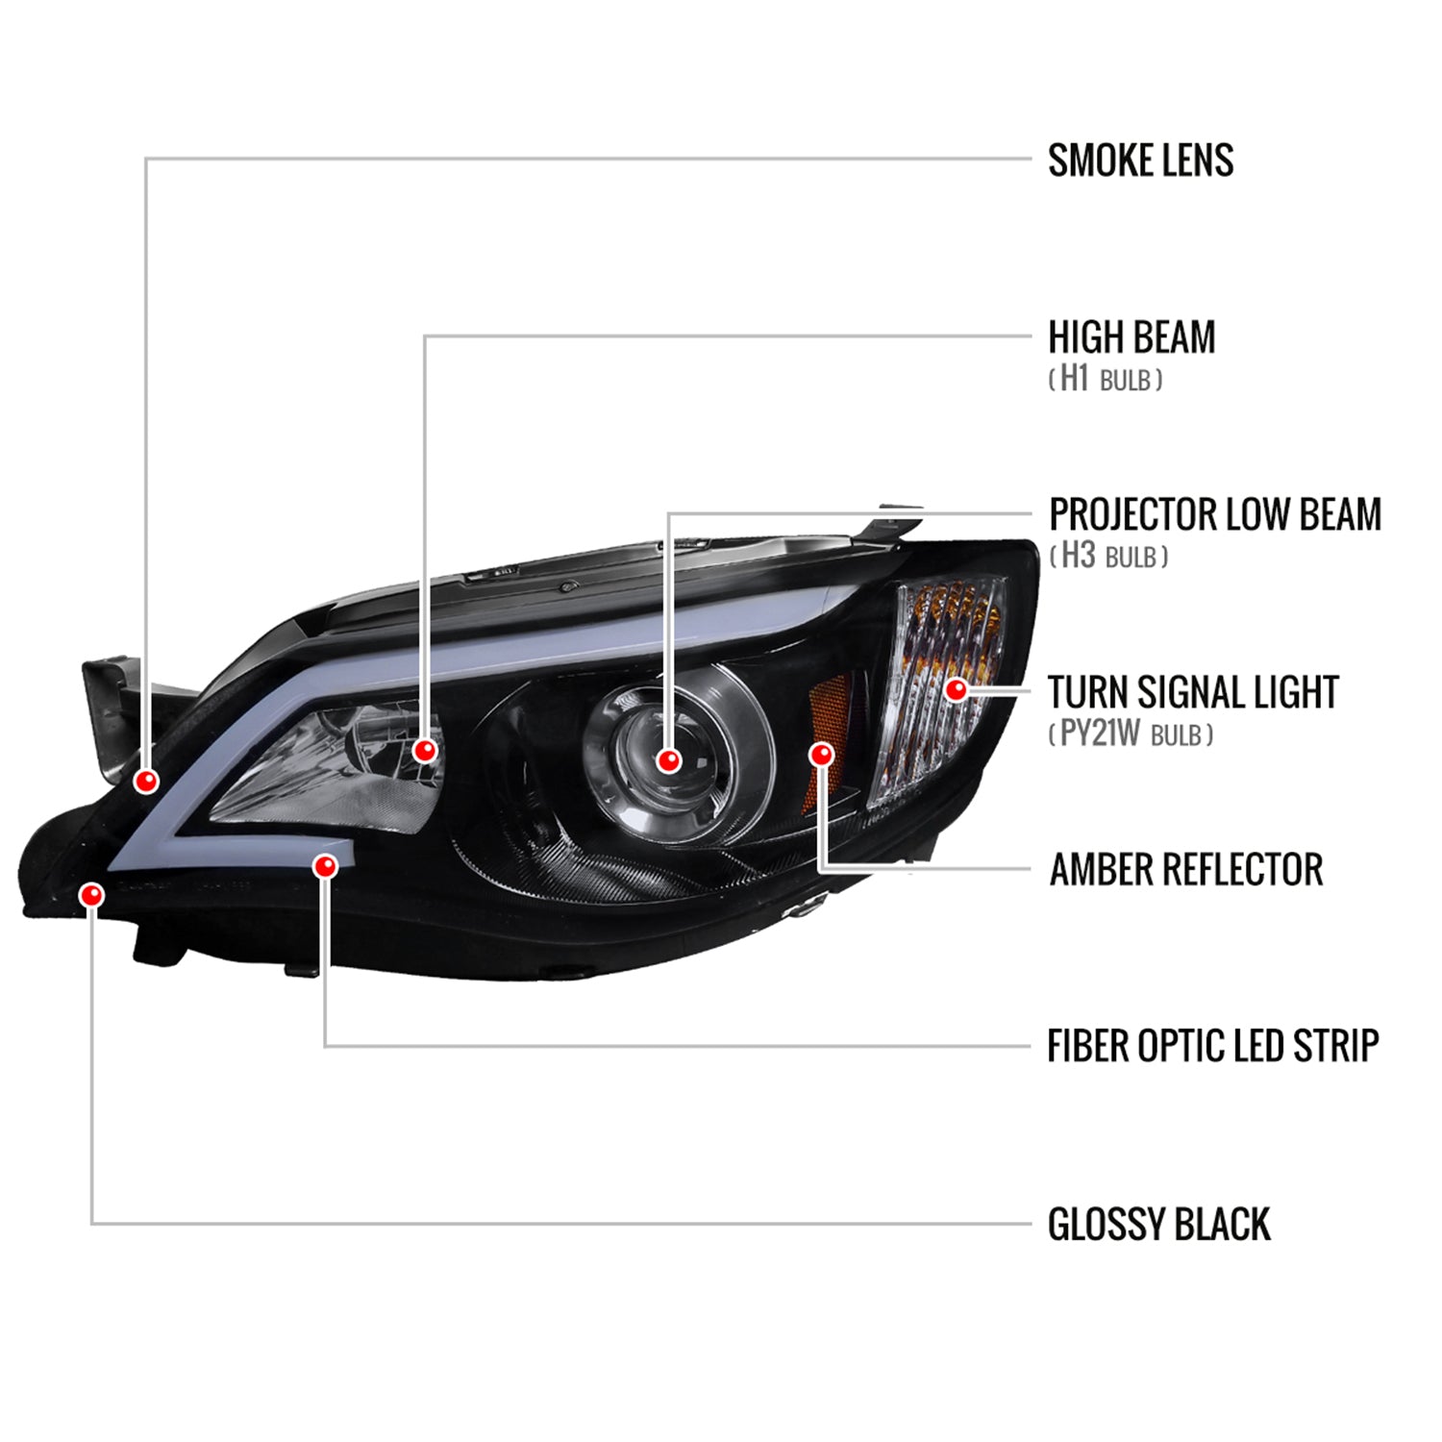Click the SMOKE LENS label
click(1140, 161)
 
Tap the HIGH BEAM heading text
click(1131, 337)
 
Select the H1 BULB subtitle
click(1105, 380)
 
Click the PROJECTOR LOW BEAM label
click(1214, 514)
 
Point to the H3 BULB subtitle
click(1108, 557)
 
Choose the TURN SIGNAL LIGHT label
click(1192, 692)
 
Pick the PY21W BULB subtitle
click(1131, 735)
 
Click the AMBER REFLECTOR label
click(1185, 869)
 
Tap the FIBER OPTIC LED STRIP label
click(1212, 1046)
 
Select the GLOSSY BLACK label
click(1158, 1225)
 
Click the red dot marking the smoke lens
click(146, 781)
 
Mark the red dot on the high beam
click(425, 750)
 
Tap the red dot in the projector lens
click(669, 760)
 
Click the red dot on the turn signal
click(957, 689)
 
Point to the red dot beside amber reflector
click(821, 755)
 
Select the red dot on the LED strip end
click(326, 866)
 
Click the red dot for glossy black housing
click(92, 896)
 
